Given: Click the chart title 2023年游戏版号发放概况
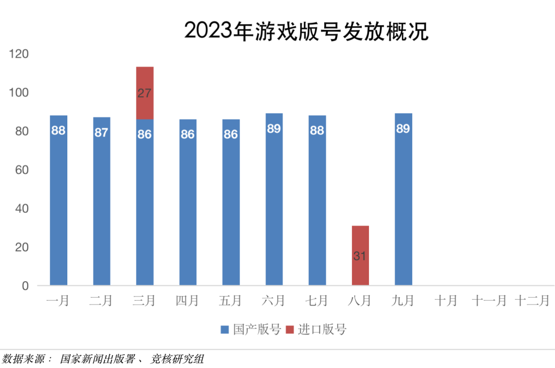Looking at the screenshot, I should point(306,31).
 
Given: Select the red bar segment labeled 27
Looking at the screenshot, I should point(144,93).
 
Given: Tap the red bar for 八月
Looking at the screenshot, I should point(360,255).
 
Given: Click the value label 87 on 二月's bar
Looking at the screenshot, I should point(101,133).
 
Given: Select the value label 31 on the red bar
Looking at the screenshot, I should point(360,255).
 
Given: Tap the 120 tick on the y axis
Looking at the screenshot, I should point(19,54).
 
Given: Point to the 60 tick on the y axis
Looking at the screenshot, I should point(22,170).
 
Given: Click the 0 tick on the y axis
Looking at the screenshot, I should point(25,286).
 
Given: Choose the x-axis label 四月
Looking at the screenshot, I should point(187,301).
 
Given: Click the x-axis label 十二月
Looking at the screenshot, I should point(532,301).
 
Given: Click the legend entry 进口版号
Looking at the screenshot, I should point(323,329).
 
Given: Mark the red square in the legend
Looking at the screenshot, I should point(290,329).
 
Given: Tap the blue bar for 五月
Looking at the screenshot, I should point(231,206).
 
